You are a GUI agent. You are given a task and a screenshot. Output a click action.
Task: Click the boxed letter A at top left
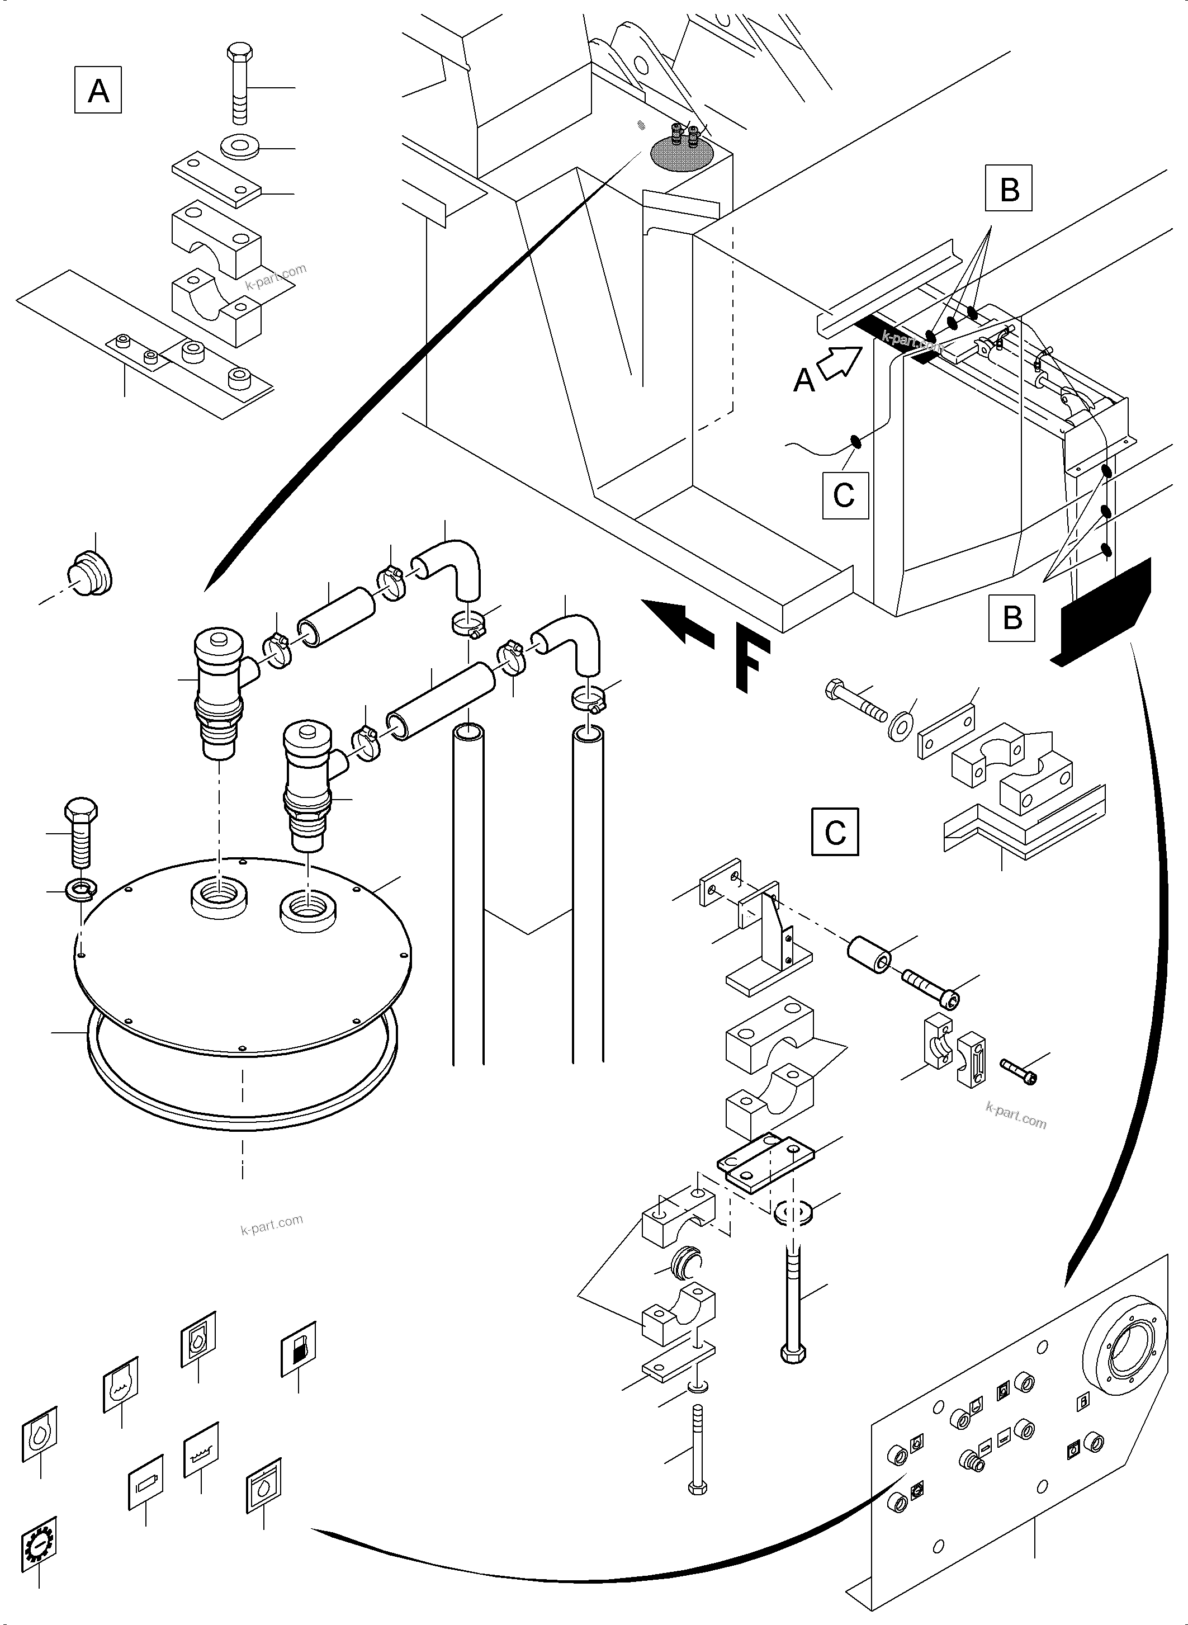coord(98,90)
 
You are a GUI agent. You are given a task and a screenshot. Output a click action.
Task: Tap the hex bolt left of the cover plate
coord(81,834)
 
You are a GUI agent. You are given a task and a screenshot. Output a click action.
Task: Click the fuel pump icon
coord(298,1349)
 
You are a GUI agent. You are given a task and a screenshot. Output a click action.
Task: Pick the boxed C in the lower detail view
coord(834,832)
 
